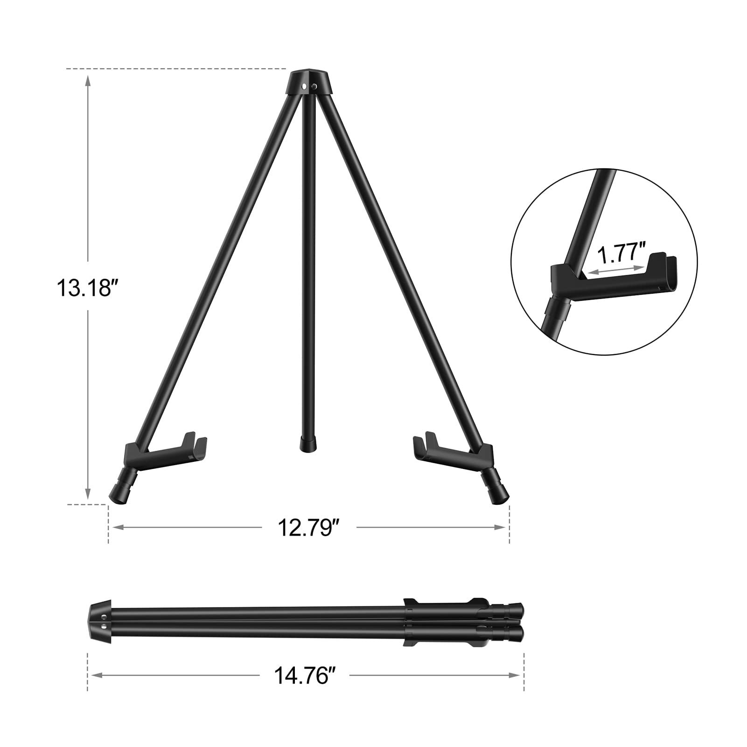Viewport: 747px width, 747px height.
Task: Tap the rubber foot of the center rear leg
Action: tap(308, 444)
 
